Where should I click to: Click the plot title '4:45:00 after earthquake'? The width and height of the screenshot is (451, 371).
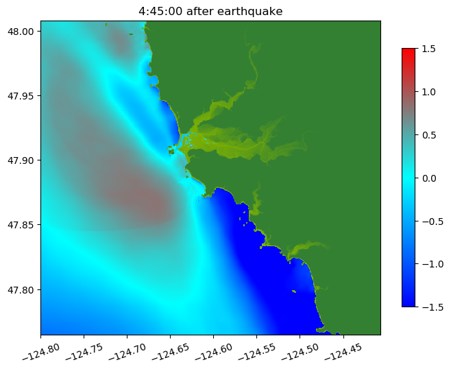tap(210, 11)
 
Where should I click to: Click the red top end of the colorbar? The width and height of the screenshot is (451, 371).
tap(409, 51)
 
